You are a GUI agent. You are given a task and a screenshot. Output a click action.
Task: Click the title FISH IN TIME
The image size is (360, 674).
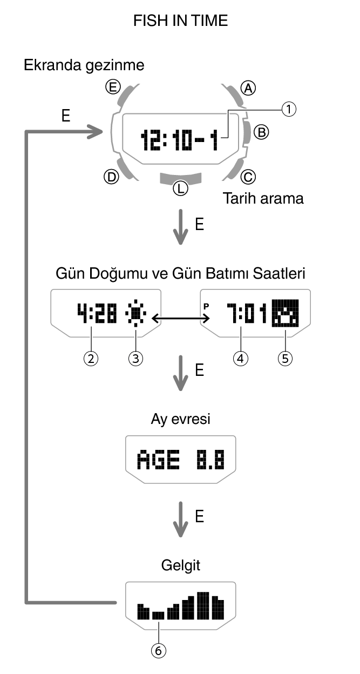coord(180,21)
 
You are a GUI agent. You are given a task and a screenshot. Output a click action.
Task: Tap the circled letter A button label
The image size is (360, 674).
coord(248,87)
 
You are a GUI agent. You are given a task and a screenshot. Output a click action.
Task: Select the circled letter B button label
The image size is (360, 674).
coord(261,131)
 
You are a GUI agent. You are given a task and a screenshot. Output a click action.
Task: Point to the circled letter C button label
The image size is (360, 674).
coord(248,176)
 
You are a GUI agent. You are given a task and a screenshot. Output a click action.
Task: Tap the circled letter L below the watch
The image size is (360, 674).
coord(180,188)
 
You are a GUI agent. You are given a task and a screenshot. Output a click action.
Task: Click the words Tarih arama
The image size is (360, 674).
coord(263,199)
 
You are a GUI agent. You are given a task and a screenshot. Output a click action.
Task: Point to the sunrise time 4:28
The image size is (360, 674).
coord(97,314)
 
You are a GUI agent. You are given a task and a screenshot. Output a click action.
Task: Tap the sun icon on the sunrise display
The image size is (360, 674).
coord(134,314)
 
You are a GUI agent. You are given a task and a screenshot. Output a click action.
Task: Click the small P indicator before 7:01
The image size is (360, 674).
coord(206,306)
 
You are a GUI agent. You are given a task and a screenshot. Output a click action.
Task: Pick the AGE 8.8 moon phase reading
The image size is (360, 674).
coord(180,460)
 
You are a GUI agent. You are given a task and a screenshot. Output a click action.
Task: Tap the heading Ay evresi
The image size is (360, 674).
coord(181,419)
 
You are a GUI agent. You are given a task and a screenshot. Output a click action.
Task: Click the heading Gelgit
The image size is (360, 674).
coord(181,566)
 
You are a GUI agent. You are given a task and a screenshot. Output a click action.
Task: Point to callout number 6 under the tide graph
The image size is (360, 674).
coord(158,651)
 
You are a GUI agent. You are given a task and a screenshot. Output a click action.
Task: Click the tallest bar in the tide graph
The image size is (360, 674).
coord(203,605)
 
